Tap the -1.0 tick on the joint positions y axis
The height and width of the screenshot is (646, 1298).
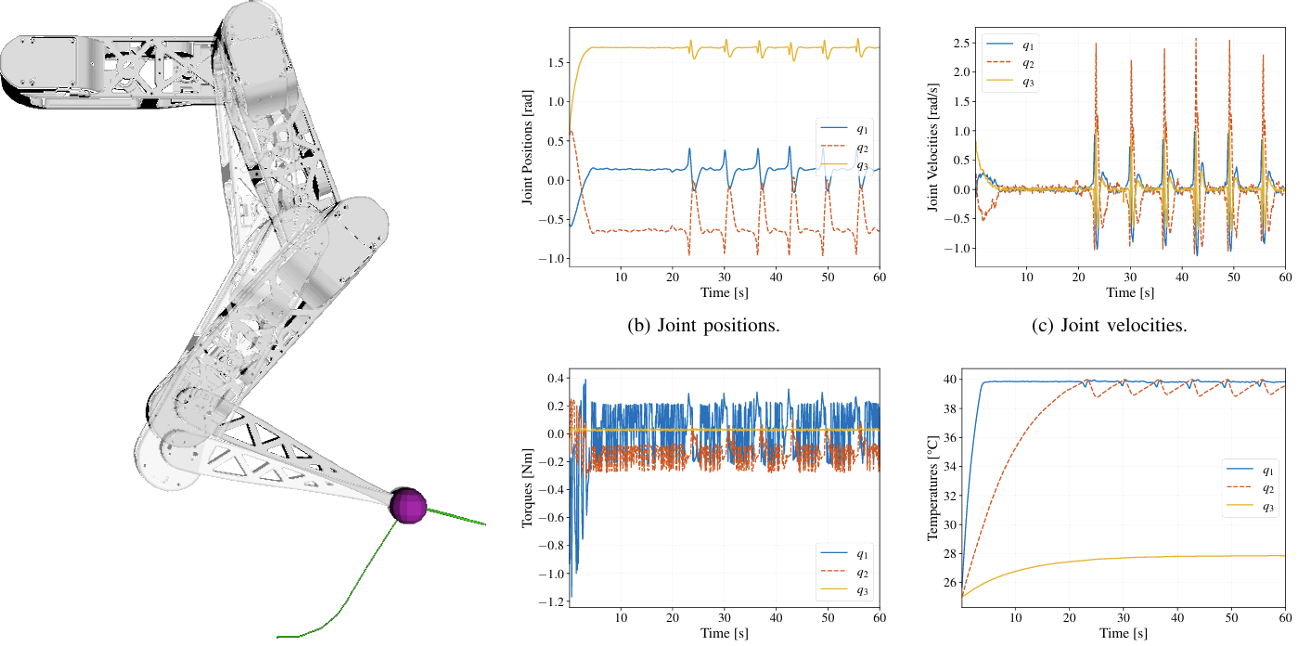549,258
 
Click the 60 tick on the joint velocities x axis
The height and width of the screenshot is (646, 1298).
1285,277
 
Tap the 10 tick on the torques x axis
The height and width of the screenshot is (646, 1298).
621,615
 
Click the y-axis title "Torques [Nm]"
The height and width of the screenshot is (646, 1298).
527,489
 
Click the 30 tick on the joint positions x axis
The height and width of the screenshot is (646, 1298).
724,277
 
